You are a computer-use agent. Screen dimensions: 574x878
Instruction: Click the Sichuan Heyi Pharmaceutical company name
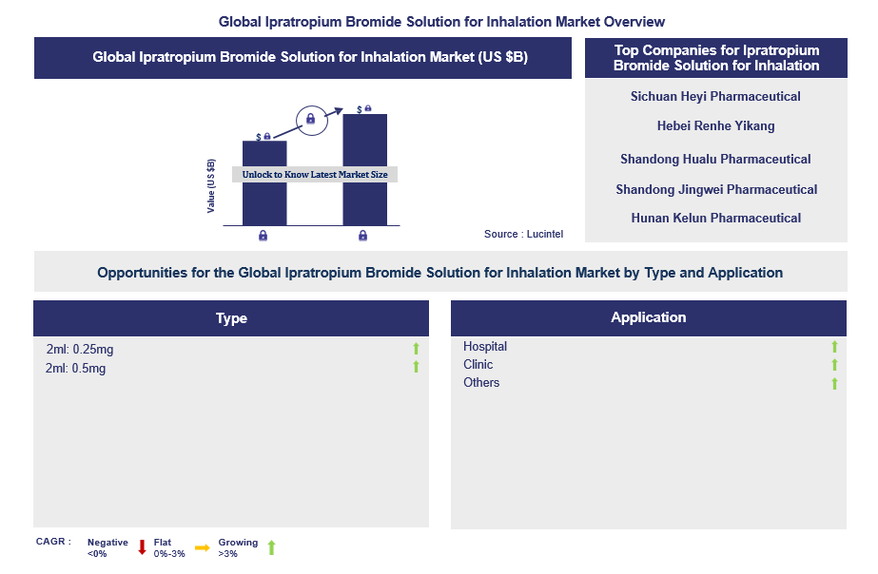click(x=715, y=96)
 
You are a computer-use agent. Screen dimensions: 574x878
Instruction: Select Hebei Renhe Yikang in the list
click(x=715, y=125)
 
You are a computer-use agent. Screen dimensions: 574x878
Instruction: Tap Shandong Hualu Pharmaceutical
click(x=715, y=159)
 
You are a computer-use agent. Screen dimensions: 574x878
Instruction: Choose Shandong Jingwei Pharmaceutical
click(x=715, y=189)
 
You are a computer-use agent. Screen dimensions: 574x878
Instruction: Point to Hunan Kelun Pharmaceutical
click(x=715, y=218)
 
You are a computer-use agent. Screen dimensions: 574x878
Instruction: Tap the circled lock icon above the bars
click(x=309, y=119)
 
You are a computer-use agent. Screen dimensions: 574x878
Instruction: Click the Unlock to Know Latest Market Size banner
click(x=315, y=175)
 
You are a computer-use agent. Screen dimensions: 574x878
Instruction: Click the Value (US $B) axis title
click(x=211, y=185)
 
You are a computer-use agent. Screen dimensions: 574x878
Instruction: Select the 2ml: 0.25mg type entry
click(x=80, y=350)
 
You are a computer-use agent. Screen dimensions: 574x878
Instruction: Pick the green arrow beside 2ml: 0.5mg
click(x=416, y=367)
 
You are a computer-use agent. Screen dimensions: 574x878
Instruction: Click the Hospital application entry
click(x=485, y=347)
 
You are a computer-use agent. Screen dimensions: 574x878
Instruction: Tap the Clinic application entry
click(x=478, y=365)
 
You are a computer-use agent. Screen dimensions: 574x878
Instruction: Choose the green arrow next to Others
click(x=834, y=383)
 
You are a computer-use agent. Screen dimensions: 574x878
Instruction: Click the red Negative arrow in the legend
click(x=142, y=547)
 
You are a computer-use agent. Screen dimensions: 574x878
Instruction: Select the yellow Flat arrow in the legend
click(x=203, y=547)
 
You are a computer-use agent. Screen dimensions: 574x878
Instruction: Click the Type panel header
click(x=231, y=318)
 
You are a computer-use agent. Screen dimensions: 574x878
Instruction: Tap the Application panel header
click(x=648, y=317)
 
